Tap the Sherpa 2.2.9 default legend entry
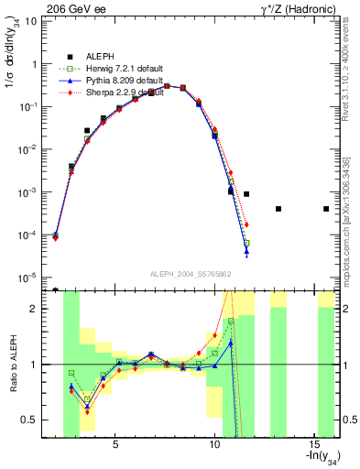115,93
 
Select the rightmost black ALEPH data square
326,209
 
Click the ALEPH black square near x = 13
278,209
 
